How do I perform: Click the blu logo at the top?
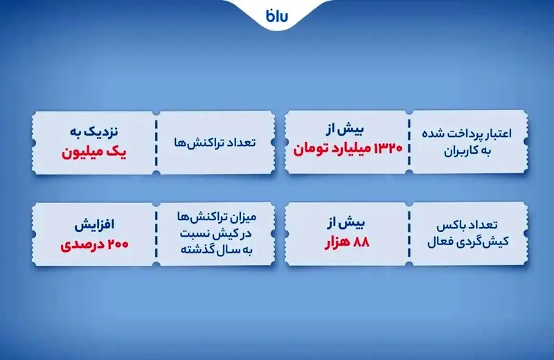click(277, 16)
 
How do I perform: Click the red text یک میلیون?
click(88, 150)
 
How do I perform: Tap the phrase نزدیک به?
click(88, 130)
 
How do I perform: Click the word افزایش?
click(88, 225)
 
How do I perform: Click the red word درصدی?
click(78, 244)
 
